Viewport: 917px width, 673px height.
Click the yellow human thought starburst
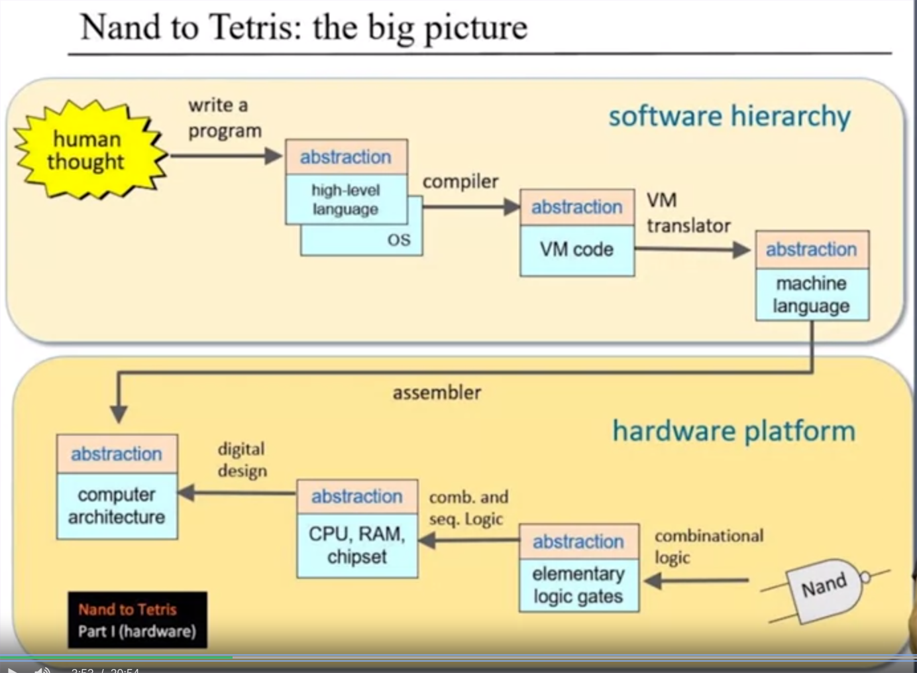point(89,151)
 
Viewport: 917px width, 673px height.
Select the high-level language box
point(346,200)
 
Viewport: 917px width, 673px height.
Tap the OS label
point(398,240)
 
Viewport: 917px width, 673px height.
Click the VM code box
point(576,250)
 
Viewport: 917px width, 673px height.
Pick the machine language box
point(812,294)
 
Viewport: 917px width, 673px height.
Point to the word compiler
point(460,182)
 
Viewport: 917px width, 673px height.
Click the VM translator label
point(688,213)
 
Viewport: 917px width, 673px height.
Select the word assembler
point(437,393)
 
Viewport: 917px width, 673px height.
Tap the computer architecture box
point(117,505)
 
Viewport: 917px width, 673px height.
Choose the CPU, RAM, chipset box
point(356,545)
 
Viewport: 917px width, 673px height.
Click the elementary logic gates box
point(578,585)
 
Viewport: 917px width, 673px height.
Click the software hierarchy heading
point(729,117)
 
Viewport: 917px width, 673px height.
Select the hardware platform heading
point(733,431)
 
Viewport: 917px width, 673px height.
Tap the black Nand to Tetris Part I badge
point(137,620)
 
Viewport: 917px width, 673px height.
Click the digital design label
point(242,459)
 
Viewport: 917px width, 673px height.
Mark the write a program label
point(224,118)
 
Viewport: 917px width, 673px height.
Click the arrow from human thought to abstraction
point(226,156)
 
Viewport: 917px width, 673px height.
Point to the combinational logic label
point(708,546)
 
